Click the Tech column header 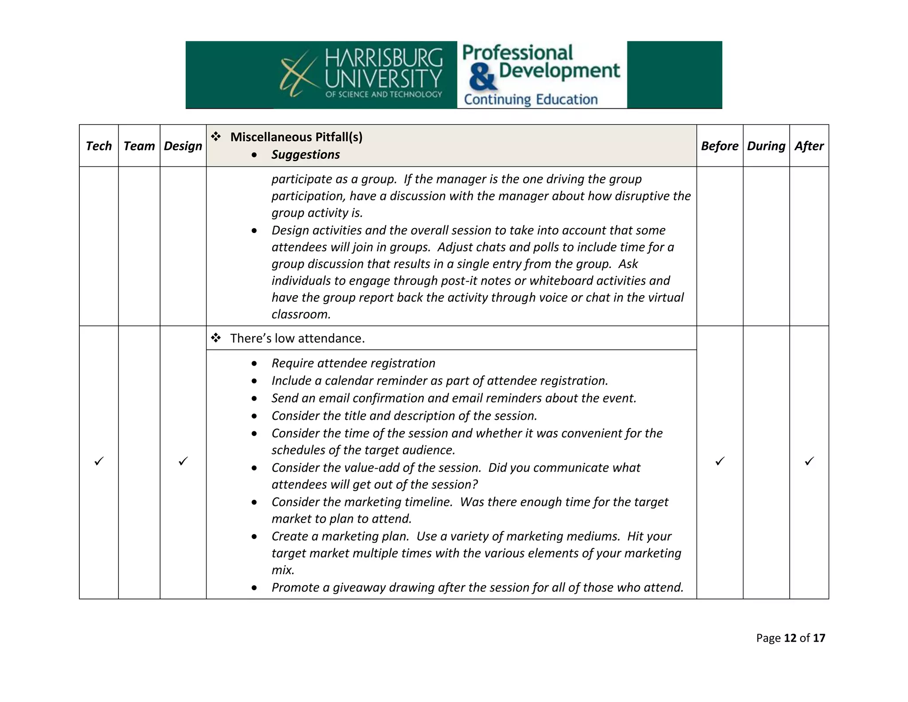coord(98,146)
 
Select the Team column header coord(139,146)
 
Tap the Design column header coord(183,146)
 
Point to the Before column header coord(719,146)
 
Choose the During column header coord(766,146)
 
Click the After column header coord(809,146)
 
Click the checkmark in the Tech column coord(99,461)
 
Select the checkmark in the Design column coord(183,461)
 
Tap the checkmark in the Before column coord(720,461)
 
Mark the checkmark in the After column coord(809,461)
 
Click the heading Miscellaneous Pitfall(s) coord(296,137)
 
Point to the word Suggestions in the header coord(305,154)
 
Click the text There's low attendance coord(297,339)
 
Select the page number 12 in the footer coord(790,638)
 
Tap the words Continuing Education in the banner coord(531,99)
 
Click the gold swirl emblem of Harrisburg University coord(298,74)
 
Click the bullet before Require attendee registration coord(254,363)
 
